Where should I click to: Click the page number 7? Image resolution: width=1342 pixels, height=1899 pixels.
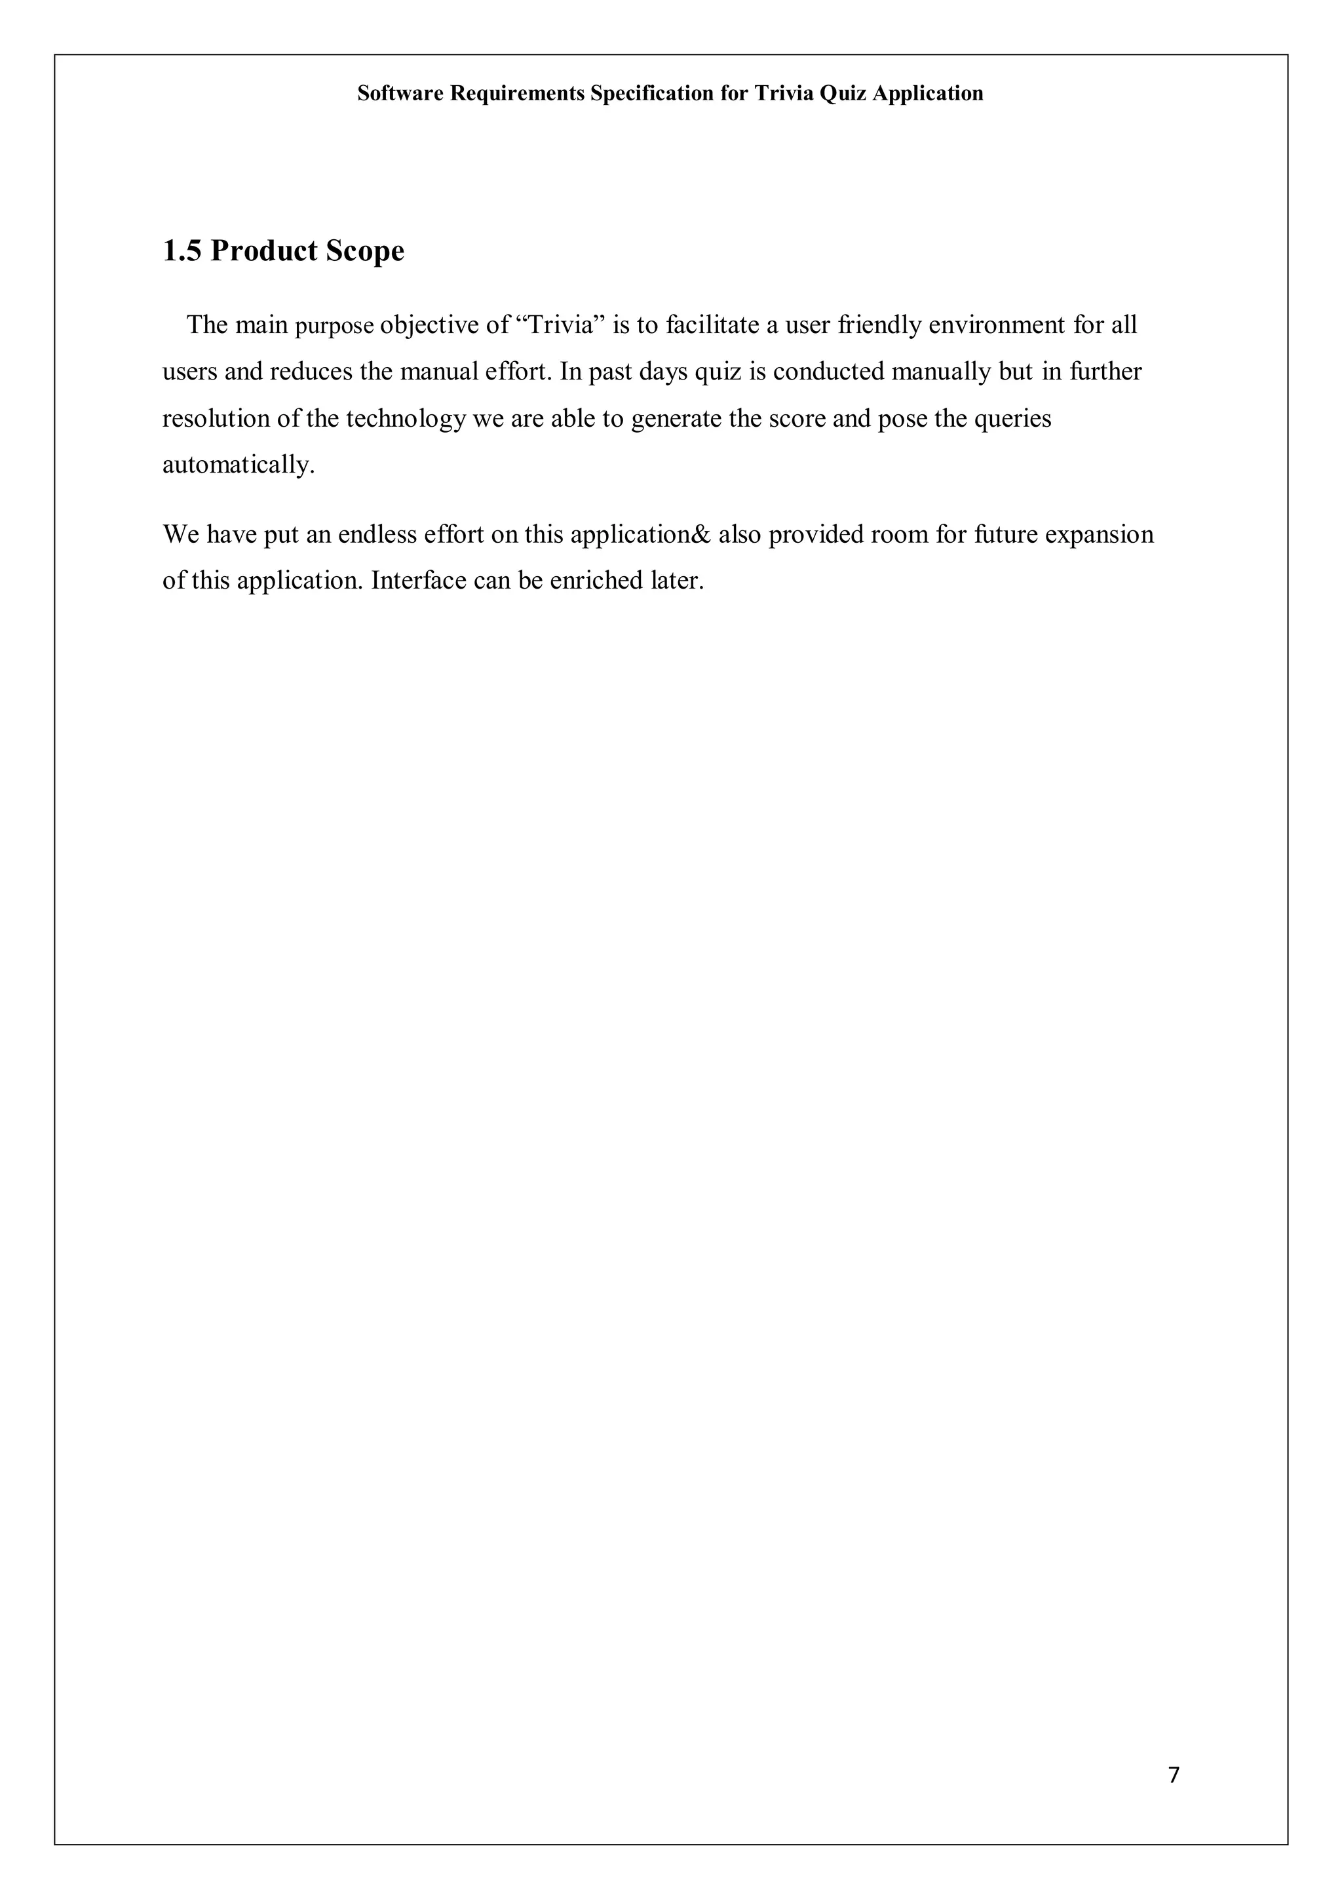1174,1775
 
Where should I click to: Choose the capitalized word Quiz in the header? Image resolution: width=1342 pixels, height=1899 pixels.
843,94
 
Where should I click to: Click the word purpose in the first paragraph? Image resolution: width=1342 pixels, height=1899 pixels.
335,326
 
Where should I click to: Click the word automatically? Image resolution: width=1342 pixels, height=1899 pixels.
238,465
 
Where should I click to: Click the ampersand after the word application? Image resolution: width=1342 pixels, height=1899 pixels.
703,534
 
